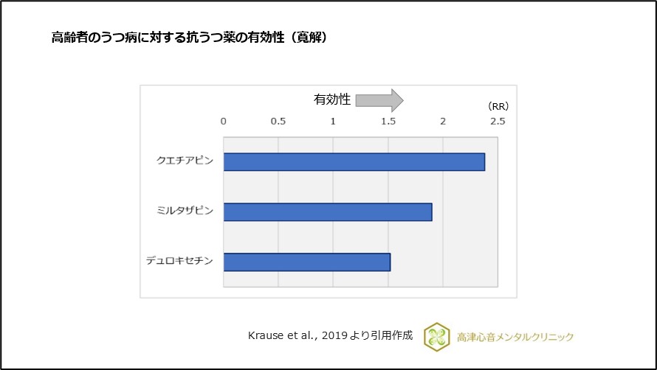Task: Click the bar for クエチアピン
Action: point(354,161)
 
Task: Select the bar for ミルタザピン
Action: point(328,212)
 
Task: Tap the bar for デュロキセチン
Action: point(307,262)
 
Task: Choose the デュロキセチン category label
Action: point(180,262)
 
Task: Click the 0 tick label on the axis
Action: point(224,121)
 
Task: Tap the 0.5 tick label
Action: point(278,121)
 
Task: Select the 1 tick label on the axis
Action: point(333,121)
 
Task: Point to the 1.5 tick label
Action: point(388,121)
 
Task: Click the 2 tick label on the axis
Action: point(442,121)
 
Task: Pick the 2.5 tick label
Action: point(498,121)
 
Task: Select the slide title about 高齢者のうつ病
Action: point(189,38)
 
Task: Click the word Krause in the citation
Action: point(265,335)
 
